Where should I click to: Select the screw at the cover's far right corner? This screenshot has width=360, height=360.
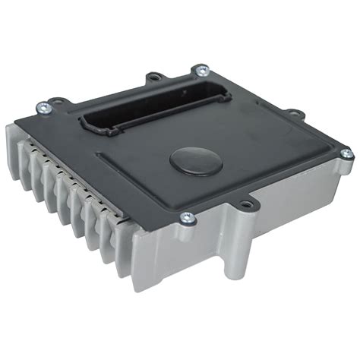pyautogui.click(x=346, y=154)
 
